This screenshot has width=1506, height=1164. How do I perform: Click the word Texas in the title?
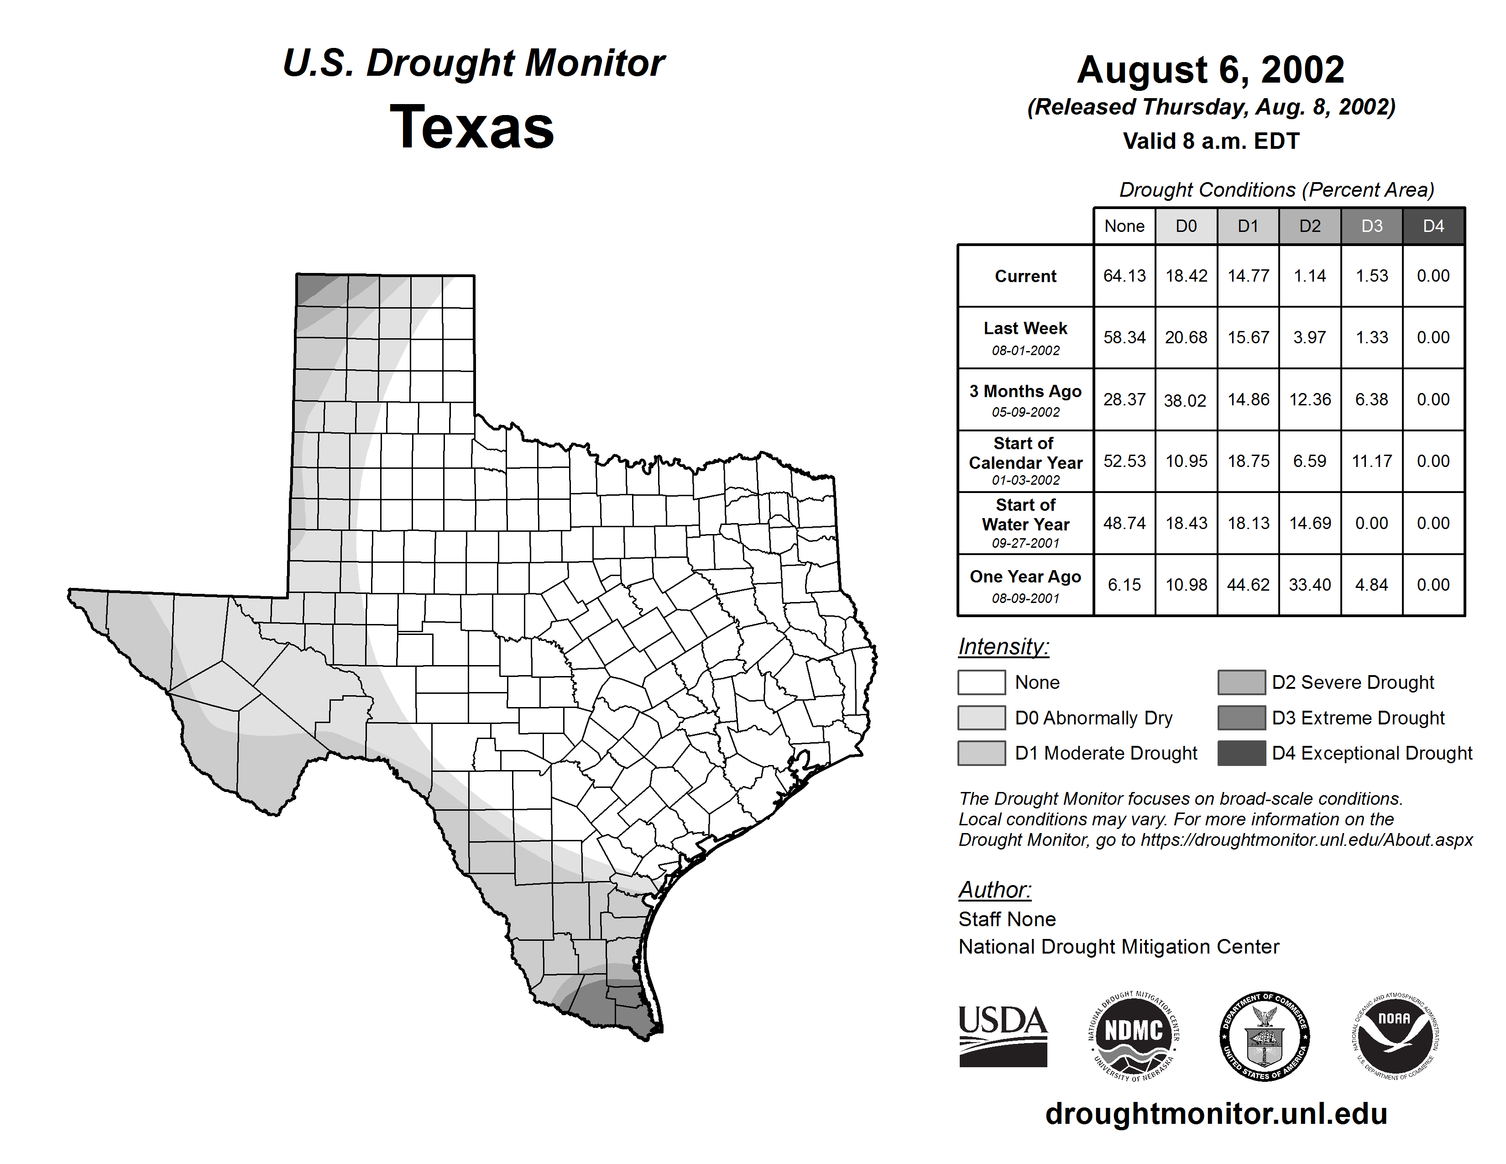coord(472,127)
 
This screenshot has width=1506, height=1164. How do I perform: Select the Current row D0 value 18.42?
coord(1186,276)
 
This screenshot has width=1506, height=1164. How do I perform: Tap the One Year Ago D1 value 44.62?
coord(1248,585)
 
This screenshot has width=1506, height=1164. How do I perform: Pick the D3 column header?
coord(1371,226)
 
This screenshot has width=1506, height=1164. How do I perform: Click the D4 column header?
coord(1433,226)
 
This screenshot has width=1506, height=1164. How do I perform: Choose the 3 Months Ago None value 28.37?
coord(1124,399)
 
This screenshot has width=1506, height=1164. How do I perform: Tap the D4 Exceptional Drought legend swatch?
coord(1241,753)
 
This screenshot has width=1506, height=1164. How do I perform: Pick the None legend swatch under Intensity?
coord(981,682)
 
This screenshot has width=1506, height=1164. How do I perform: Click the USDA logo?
coord(1003,1036)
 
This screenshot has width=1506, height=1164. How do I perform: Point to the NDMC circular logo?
coord(1134,1036)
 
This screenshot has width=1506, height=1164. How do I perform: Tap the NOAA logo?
coord(1394,1036)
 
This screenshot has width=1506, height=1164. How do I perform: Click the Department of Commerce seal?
coord(1264,1036)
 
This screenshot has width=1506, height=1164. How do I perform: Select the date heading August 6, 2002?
coord(1211,70)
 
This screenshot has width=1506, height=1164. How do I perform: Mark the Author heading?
coord(994,890)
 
